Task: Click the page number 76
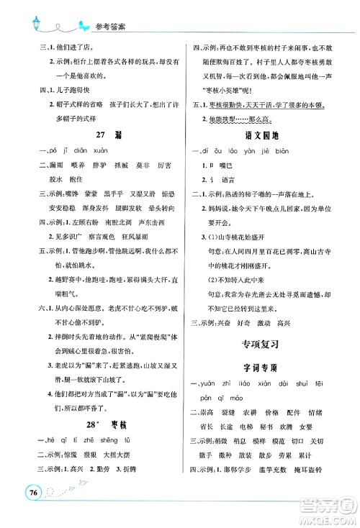click(31, 511)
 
